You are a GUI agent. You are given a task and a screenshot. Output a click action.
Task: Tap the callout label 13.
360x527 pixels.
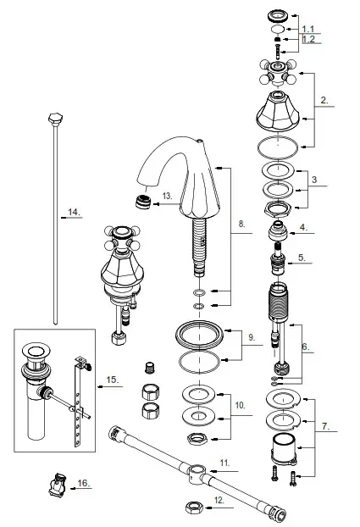pos(168,196)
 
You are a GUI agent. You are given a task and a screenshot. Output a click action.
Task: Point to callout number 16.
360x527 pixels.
pos(83,484)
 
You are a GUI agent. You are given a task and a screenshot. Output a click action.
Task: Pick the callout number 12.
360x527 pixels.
pos(219,501)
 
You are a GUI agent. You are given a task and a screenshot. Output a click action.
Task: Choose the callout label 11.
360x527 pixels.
pos(225,463)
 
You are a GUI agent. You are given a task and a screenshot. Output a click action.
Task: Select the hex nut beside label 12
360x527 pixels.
pos(191,506)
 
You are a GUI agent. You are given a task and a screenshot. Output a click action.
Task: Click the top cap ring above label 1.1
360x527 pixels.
pos(277,14)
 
